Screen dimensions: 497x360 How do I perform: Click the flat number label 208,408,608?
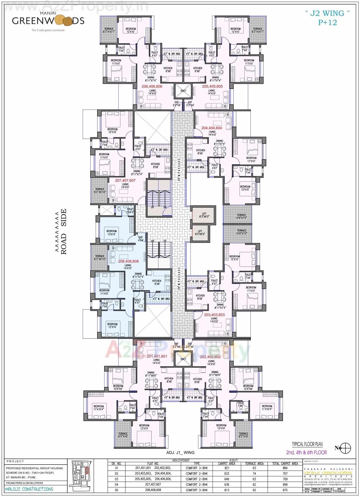[x=128, y=261]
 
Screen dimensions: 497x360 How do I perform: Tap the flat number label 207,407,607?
[x=125, y=180]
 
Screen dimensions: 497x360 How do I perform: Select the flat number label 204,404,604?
[x=212, y=128]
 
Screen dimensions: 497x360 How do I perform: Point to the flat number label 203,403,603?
[x=214, y=315]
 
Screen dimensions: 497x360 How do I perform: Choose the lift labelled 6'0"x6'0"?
[x=200, y=232]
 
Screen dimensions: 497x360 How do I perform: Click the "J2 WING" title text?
[x=327, y=13]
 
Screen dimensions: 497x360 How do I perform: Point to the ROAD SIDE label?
[x=63, y=231]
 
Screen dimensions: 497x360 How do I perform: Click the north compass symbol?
[x=345, y=448]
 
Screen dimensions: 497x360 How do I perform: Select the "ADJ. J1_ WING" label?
[x=180, y=452]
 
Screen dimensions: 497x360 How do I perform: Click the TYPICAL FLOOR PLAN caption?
[x=307, y=444]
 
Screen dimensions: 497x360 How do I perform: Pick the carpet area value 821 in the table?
[x=227, y=468]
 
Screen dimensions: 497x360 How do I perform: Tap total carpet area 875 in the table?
[x=285, y=490]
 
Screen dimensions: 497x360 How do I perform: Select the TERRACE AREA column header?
[x=254, y=463]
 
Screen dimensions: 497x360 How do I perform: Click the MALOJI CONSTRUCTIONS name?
[x=29, y=489]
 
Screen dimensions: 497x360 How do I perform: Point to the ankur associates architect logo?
[x=328, y=472]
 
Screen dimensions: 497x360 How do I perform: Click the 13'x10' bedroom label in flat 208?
[x=111, y=233]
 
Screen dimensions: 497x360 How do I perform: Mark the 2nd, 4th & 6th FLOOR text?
[x=306, y=452]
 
